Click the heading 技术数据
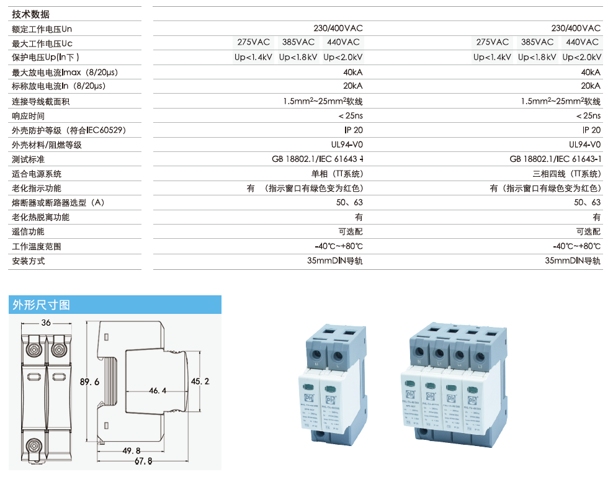pyautogui.click(x=30, y=14)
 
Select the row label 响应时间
pyautogui.click(x=29, y=116)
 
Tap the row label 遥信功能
pyautogui.click(x=29, y=231)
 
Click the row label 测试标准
pyautogui.click(x=29, y=159)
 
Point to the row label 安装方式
pyautogui.click(x=29, y=261)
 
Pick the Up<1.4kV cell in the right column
pyautogui.click(x=493, y=57)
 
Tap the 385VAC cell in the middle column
pyautogui.click(x=298, y=42)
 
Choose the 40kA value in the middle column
pyautogui.click(x=352, y=73)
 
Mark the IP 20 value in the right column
pyautogui.click(x=591, y=130)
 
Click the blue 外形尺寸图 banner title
pyautogui.click(x=41, y=305)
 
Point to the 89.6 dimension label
pyautogui.click(x=90, y=382)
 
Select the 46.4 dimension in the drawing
pyautogui.click(x=158, y=391)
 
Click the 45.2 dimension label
pyautogui.click(x=200, y=380)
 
